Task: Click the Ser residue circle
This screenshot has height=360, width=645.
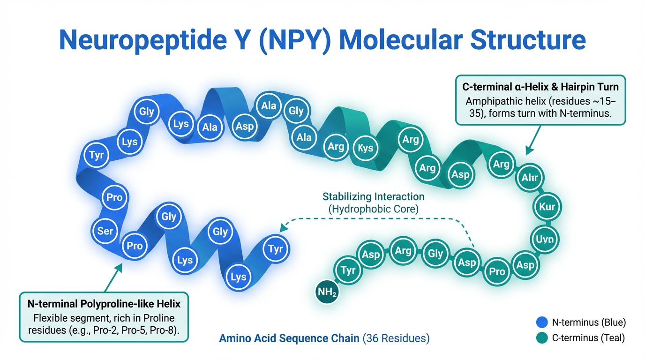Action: [x=105, y=231]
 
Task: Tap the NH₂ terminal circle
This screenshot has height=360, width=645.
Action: [x=327, y=292]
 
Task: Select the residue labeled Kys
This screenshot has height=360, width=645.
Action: [x=366, y=148]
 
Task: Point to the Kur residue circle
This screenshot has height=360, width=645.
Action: [x=547, y=207]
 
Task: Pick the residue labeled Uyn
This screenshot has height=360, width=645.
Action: [x=545, y=240]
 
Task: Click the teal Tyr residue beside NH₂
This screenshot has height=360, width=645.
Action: [x=348, y=270]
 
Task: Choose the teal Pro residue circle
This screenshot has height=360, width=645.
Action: [x=497, y=271]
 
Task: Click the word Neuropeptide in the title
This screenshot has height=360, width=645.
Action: [x=143, y=40]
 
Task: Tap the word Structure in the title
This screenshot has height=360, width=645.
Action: [x=528, y=40]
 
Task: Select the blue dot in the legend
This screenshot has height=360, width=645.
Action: [x=542, y=322]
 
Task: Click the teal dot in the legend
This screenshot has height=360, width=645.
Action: [x=542, y=338]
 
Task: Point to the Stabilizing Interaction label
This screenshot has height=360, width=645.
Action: [x=373, y=197]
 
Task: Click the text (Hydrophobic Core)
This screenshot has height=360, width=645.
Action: [x=373, y=209]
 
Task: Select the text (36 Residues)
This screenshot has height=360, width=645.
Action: [x=396, y=338]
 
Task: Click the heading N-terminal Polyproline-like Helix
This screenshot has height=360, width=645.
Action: [x=104, y=304]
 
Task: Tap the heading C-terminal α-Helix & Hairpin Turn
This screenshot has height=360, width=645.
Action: [x=540, y=87]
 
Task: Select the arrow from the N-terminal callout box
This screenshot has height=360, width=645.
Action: [x=113, y=277]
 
